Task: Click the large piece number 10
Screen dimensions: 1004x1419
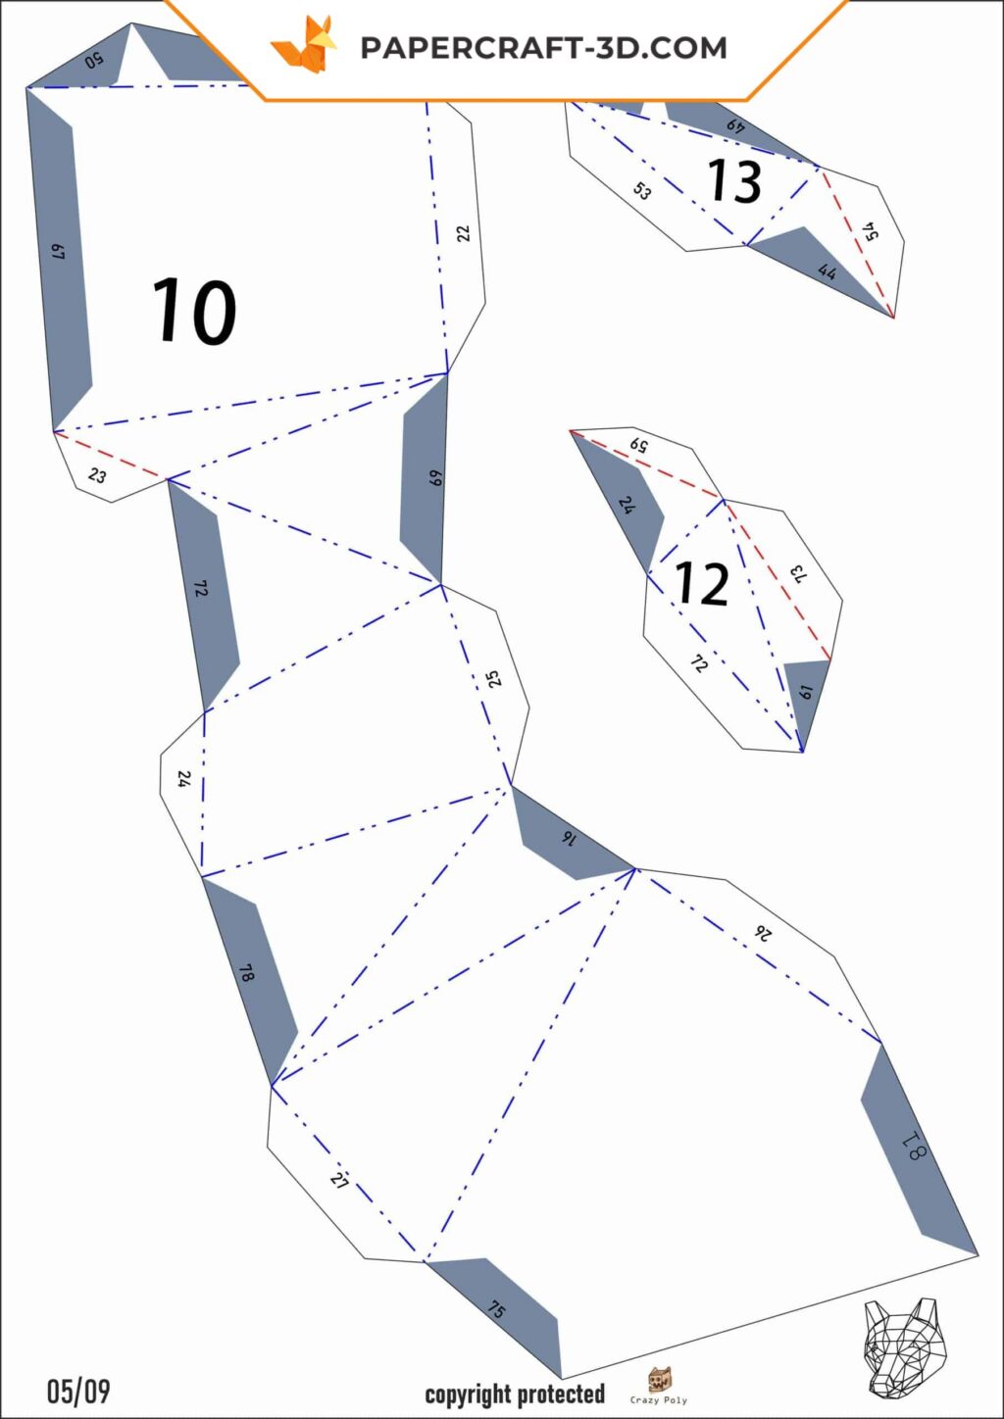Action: [194, 311]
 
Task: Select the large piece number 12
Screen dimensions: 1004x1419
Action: [700, 583]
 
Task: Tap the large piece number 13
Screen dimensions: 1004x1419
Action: [733, 180]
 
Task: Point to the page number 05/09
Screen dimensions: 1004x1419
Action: [78, 1392]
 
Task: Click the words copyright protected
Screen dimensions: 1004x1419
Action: [515, 1395]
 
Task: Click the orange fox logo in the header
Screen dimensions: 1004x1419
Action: [304, 44]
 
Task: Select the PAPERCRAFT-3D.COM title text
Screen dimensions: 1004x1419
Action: [544, 48]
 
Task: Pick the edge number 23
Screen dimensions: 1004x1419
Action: [97, 475]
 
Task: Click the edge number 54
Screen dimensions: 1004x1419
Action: [872, 231]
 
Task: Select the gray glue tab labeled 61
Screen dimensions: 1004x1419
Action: [805, 704]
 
